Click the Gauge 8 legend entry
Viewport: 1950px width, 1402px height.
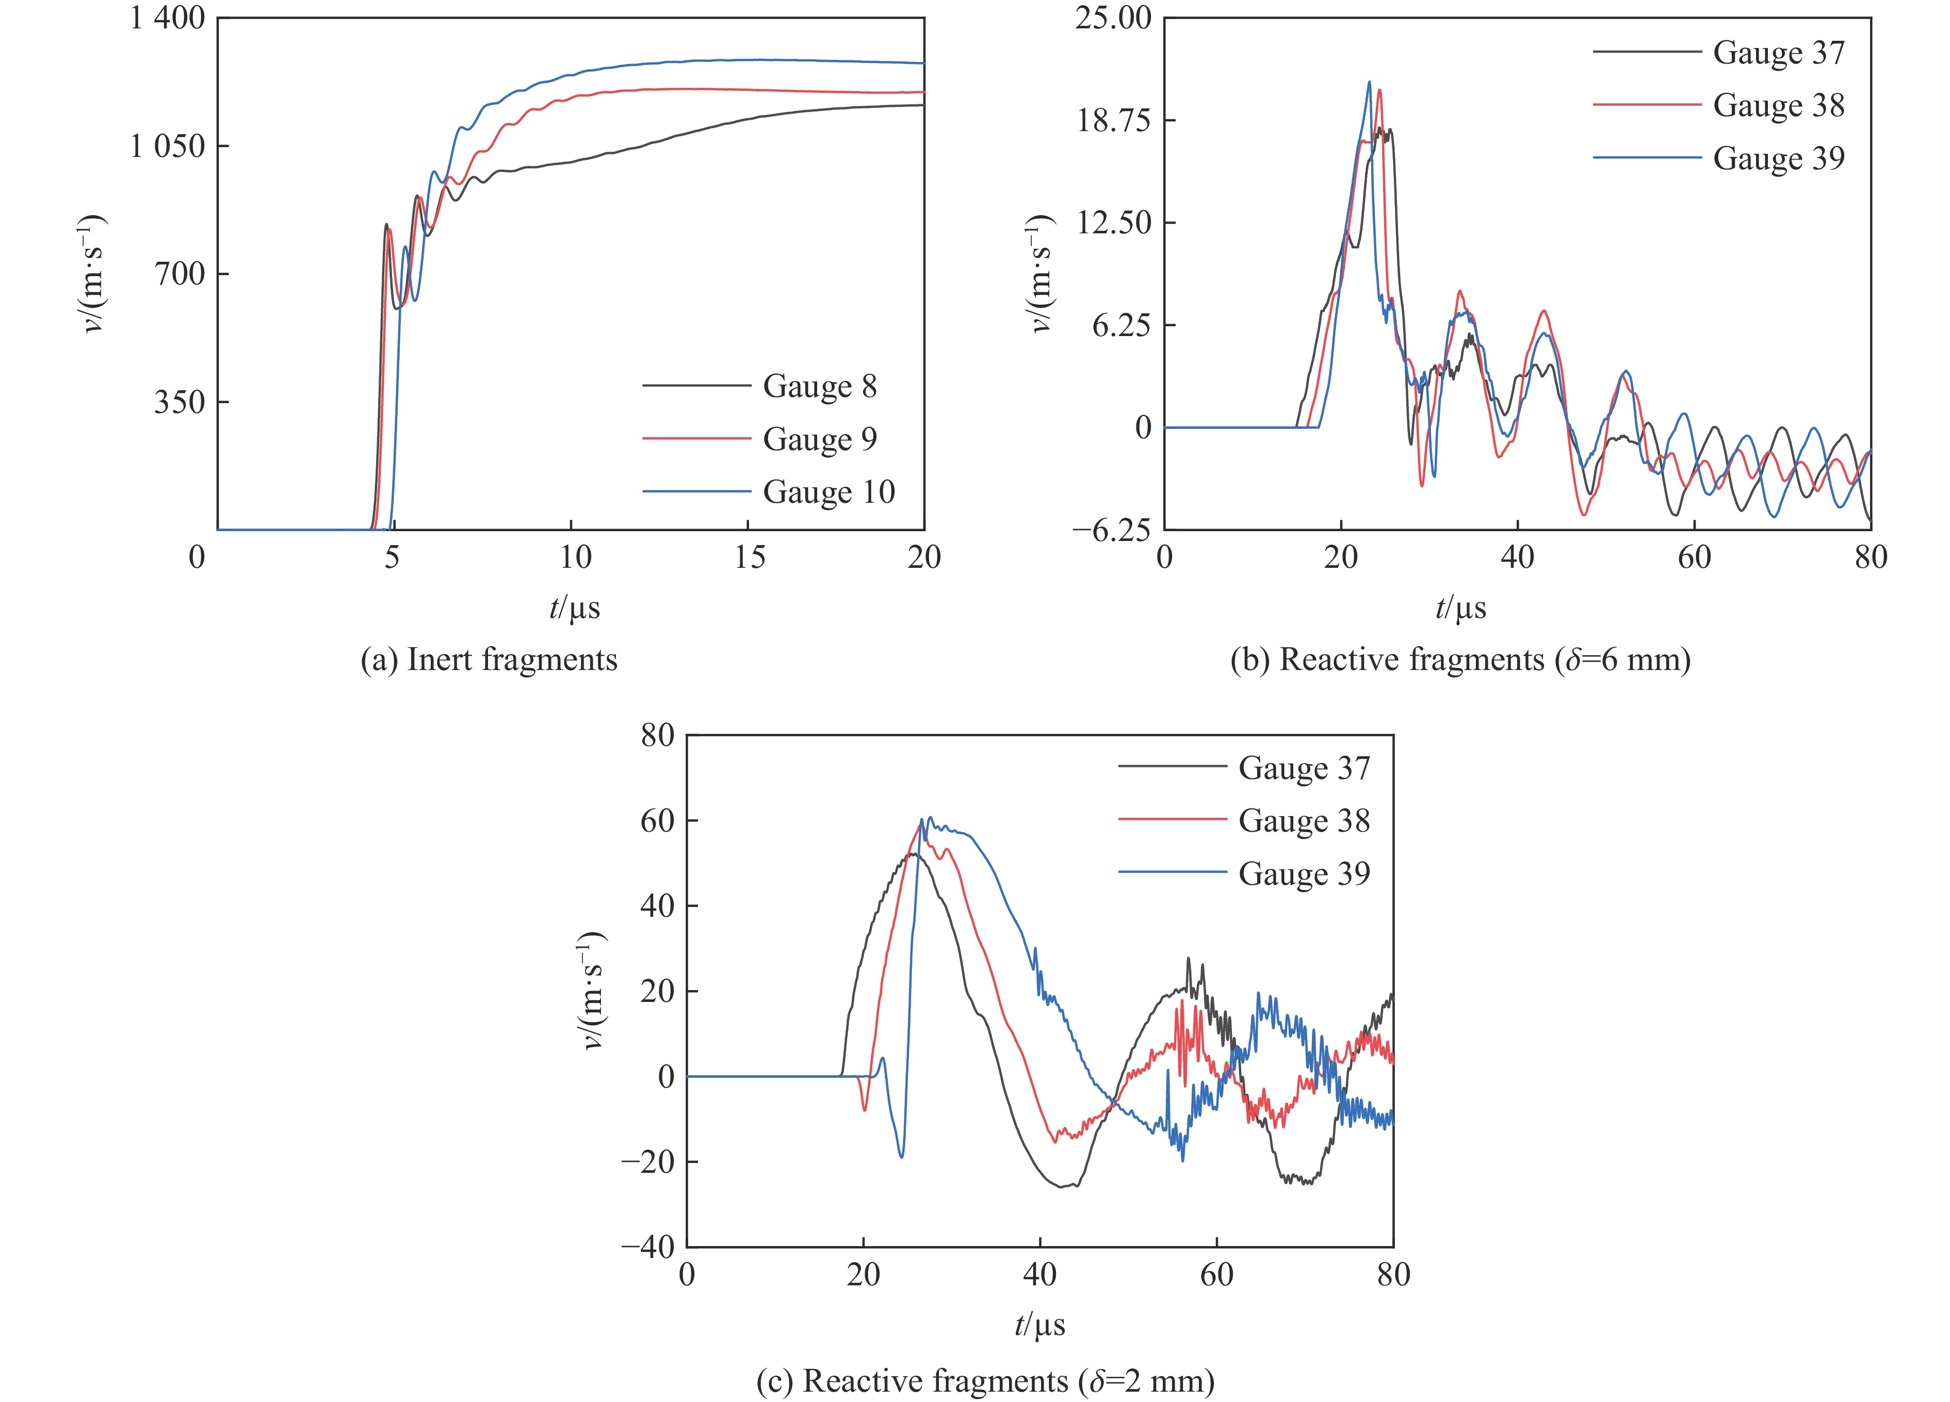(819, 386)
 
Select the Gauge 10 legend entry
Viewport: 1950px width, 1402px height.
(828, 492)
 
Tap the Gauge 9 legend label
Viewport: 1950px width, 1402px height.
(819, 439)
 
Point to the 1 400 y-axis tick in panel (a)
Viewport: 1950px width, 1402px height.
(168, 19)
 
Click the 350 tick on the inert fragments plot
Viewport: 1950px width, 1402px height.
(180, 403)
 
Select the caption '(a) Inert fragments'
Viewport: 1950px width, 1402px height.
(489, 660)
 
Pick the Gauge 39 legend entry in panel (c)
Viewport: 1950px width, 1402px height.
(1304, 874)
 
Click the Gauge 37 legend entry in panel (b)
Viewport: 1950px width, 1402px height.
(1778, 53)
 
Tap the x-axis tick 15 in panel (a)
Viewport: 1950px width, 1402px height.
(749, 558)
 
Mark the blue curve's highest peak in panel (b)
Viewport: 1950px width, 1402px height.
(1370, 83)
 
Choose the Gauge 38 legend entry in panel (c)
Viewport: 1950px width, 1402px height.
(1304, 821)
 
